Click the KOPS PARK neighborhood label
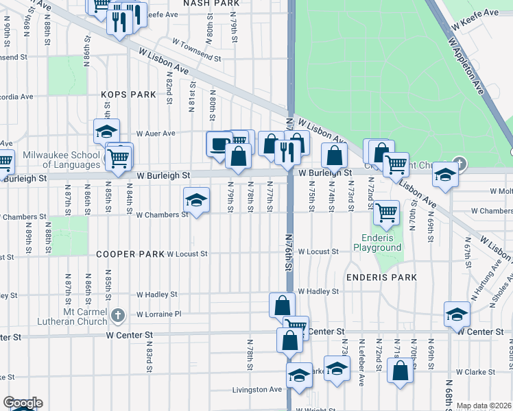(x=128, y=95)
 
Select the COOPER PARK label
(x=130, y=254)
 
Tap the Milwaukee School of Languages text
(x=62, y=160)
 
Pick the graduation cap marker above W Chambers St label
(x=196, y=201)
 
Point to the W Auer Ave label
(x=156, y=134)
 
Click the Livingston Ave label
(x=258, y=390)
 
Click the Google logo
(x=23, y=403)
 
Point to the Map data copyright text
(x=484, y=406)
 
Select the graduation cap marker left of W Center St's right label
(x=457, y=314)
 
